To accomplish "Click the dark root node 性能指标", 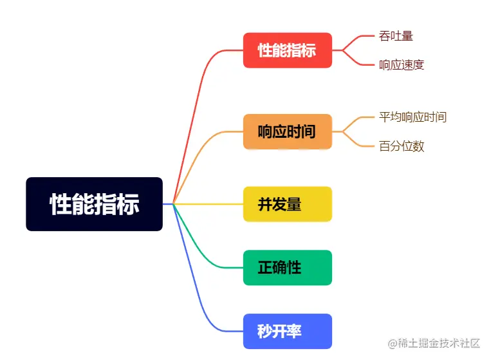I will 94,204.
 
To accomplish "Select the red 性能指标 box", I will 287,50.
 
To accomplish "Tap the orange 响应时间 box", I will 287,132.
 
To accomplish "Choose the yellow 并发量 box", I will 287,204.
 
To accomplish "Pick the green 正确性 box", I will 287,267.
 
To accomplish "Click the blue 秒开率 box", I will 287,332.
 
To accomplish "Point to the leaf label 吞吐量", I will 396,36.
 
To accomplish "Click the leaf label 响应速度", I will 402,65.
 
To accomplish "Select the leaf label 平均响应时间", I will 412,117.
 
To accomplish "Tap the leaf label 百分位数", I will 402,146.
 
